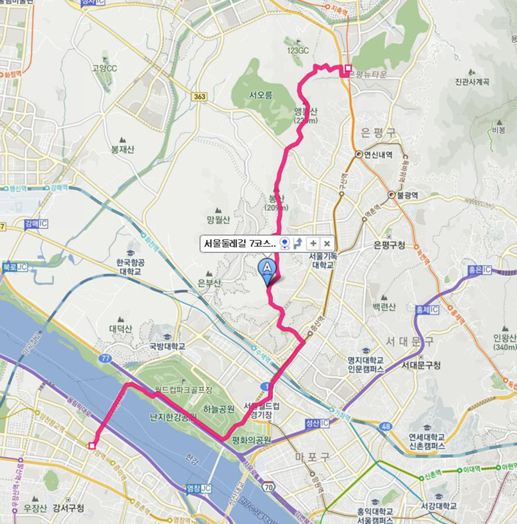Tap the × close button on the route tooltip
coord(327,243)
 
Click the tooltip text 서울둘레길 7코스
coord(239,243)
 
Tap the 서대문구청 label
coord(421,365)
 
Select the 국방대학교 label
coord(167,346)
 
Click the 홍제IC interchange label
coord(427,309)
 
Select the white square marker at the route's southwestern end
coord(92,445)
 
